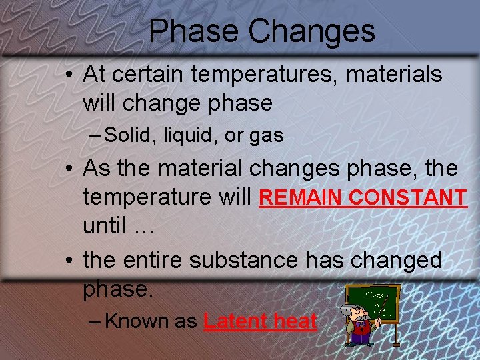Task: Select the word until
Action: click(105, 226)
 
